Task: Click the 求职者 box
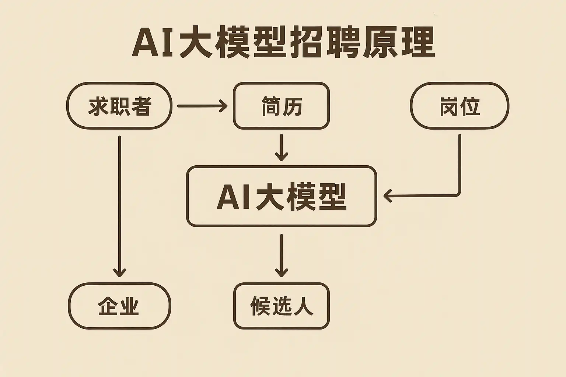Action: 119,106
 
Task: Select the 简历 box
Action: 281,106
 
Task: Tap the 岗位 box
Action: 459,106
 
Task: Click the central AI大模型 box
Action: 281,196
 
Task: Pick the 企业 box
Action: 119,306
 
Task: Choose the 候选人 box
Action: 281,306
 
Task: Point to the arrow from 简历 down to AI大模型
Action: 282,147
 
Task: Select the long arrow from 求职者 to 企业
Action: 119,206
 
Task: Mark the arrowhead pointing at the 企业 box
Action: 119,273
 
